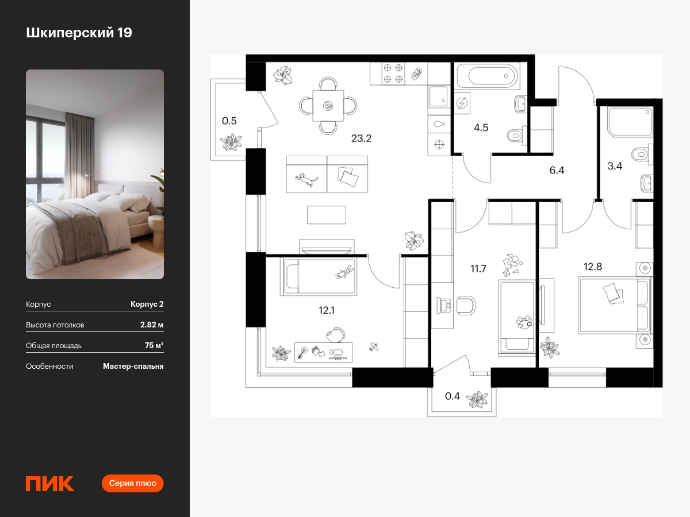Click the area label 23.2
pos(361,138)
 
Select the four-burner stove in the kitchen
pos(393,74)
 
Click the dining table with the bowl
pos(328,106)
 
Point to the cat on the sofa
pos(306,180)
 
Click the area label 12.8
pos(593,267)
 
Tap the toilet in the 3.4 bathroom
pos(642,154)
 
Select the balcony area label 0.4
pos(452,396)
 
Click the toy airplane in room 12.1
pos(373,346)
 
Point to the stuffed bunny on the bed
pos(344,272)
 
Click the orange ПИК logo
pos(50,484)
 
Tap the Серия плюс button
pos(132,483)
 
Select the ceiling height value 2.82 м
pos(152,325)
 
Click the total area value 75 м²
pos(154,345)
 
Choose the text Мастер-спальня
pos(133,366)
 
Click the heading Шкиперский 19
pos(79,33)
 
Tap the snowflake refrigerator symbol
pos(439,145)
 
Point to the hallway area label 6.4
pos(557,171)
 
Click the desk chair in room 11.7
pos(466,306)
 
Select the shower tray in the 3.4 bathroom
pos(630,122)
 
